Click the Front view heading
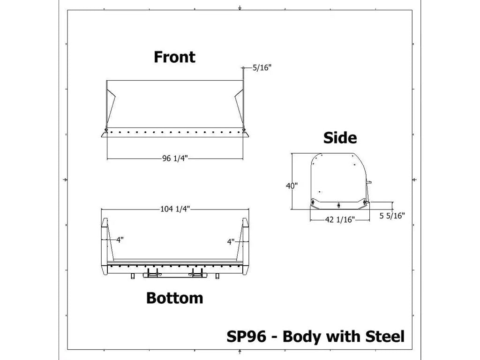(x=174, y=57)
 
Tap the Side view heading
(x=340, y=138)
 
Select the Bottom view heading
(x=174, y=298)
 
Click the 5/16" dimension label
(x=262, y=68)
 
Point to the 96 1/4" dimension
(x=175, y=158)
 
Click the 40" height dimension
(x=292, y=186)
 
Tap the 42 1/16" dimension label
(x=340, y=219)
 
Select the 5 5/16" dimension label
(x=392, y=216)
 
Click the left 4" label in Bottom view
(x=120, y=240)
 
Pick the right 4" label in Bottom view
(x=231, y=242)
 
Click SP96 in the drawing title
(x=246, y=336)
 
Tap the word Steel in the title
(x=383, y=336)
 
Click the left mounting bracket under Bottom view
(x=152, y=273)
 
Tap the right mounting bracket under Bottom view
(x=199, y=273)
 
